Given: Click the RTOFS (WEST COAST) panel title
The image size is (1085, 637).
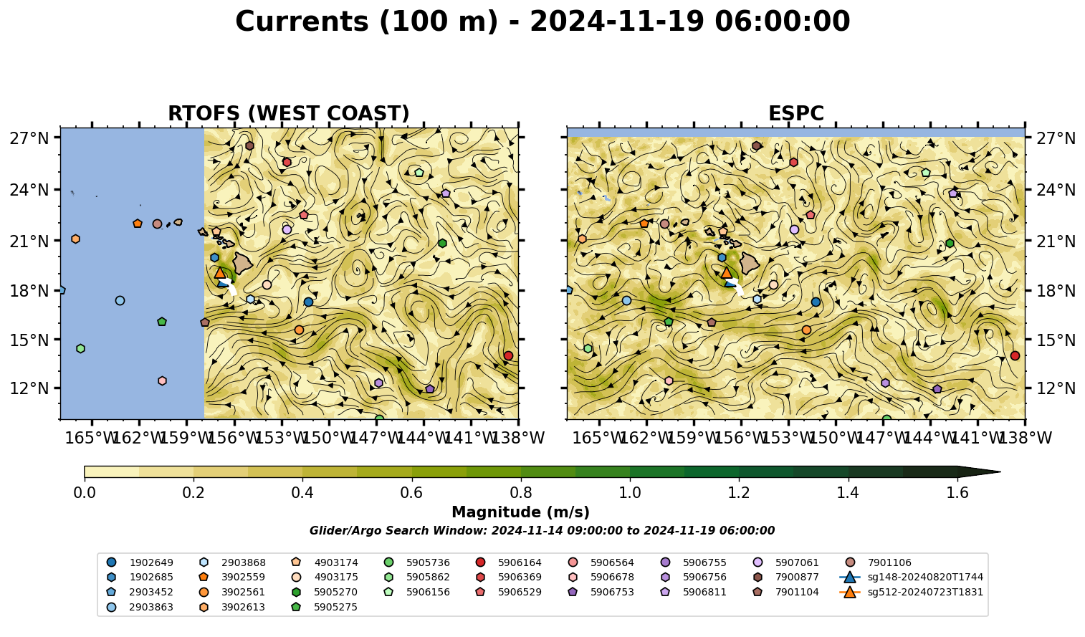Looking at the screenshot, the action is pos(289,113).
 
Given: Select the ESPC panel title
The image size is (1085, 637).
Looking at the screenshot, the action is pos(795,113).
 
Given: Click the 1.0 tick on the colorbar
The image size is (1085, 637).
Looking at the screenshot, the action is pos(630,493).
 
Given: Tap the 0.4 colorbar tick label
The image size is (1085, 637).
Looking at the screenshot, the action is pos(302,493).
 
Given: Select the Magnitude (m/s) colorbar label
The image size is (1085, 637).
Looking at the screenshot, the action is pos(520,512).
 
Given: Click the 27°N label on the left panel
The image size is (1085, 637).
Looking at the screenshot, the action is pos(29,138).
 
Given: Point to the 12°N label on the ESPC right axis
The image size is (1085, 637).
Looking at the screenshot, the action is pos(1056,388).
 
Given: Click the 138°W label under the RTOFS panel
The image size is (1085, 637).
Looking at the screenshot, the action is pos(518,438).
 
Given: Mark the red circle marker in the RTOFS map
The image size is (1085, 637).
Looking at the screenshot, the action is pos(508,355).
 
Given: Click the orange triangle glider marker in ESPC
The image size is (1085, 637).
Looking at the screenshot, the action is pos(727,272).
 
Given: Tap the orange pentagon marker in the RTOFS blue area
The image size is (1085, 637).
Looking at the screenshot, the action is pos(138,224).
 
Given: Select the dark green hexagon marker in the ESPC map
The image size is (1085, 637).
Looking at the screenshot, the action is pos(950,243).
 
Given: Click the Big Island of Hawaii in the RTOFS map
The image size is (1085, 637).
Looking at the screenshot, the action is pos(243,262).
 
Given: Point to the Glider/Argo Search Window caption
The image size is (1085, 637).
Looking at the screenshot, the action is pos(542,530).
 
